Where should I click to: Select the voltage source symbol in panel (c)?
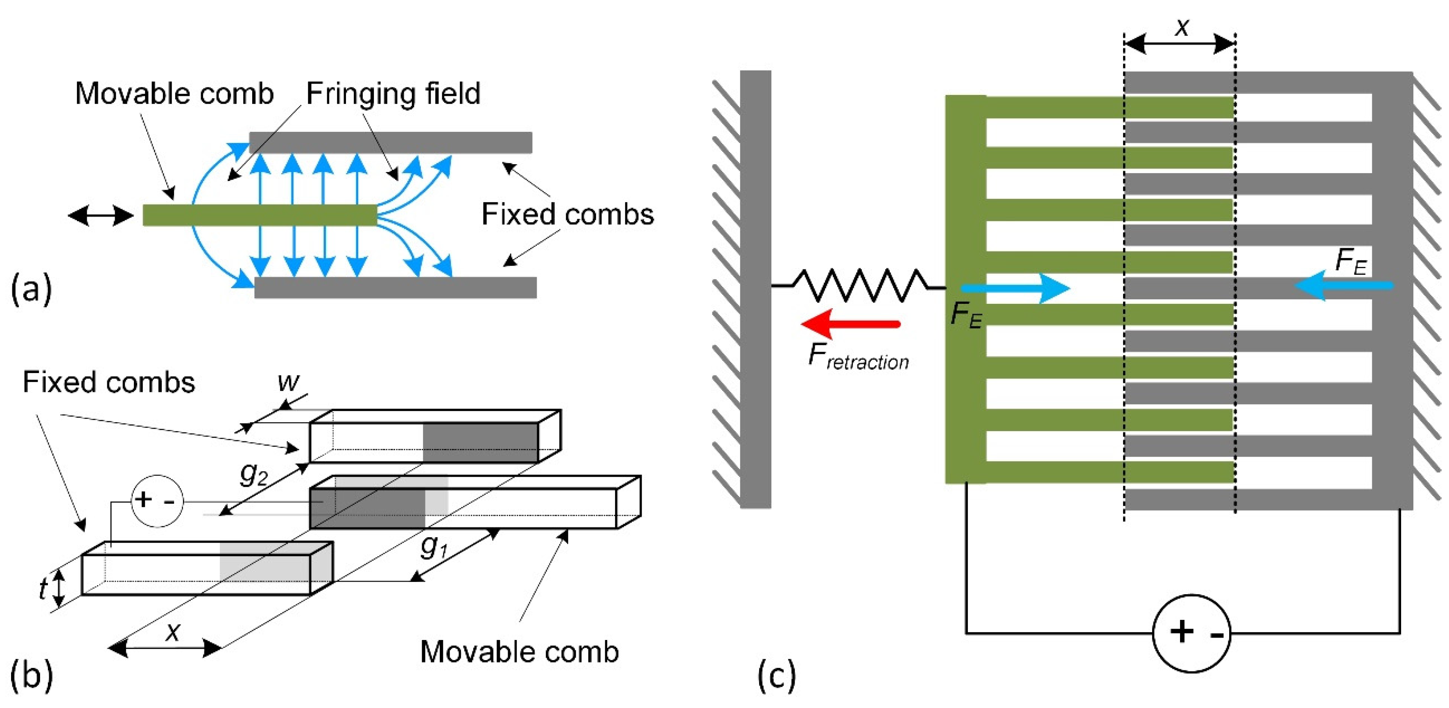[x=1191, y=633]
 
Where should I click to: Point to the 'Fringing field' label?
[x=393, y=93]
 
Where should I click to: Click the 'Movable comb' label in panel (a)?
[x=174, y=93]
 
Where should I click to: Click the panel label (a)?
[x=32, y=290]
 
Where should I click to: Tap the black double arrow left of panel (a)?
[x=100, y=215]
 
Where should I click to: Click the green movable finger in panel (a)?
[x=259, y=215]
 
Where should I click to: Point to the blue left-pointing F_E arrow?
[x=1344, y=286]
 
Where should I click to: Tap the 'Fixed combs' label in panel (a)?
[x=567, y=214]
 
